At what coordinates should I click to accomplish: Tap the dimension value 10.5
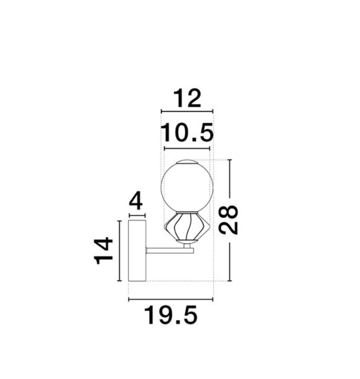[187, 133]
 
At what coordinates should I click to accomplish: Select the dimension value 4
[136, 202]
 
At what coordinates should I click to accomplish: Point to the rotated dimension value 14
[104, 251]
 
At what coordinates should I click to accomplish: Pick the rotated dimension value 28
[229, 220]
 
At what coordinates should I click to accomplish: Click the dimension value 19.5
[170, 316]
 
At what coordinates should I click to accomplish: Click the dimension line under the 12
[187, 111]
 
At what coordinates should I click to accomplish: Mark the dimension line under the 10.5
[187, 148]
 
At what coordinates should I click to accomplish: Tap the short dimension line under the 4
[137, 216]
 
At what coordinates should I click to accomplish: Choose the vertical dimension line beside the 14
[119, 251]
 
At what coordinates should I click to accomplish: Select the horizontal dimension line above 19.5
[170, 300]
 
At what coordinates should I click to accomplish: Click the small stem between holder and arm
[187, 245]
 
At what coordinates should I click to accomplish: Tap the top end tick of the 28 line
[230, 160]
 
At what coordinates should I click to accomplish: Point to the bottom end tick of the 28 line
[230, 281]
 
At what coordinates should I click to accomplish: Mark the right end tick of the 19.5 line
[213, 300]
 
